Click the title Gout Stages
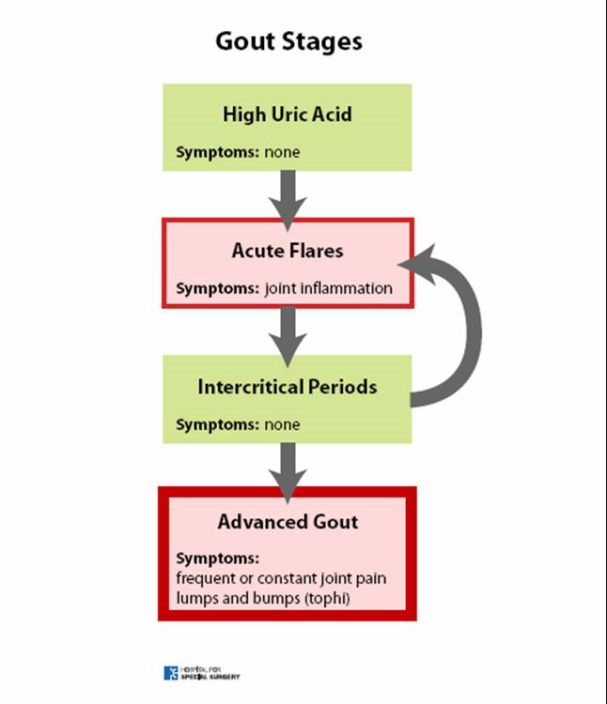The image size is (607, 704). (x=288, y=42)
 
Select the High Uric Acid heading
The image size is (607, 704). (x=288, y=115)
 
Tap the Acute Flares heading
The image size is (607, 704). (x=288, y=251)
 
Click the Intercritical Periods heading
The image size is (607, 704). (x=288, y=387)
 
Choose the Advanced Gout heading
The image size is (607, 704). (x=288, y=522)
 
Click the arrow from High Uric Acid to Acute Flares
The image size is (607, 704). (x=288, y=200)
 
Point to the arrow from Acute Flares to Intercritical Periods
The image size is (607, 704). (x=288, y=337)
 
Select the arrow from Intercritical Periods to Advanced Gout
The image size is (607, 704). (x=288, y=472)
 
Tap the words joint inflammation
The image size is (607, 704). (x=329, y=288)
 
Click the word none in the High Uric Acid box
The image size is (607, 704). (x=282, y=152)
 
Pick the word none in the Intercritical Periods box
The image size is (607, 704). (x=282, y=424)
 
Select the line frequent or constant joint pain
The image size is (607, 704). (x=281, y=579)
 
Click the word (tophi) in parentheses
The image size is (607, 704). (x=327, y=599)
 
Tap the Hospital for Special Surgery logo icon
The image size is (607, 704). (x=171, y=673)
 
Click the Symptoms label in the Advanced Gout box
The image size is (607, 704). (x=217, y=559)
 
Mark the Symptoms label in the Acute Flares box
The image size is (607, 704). (x=217, y=288)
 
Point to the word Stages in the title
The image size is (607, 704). (x=322, y=42)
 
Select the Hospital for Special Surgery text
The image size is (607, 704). (x=210, y=673)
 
